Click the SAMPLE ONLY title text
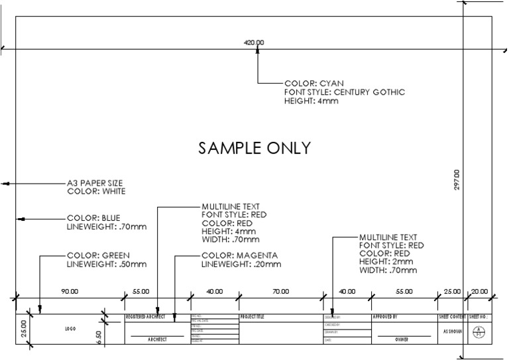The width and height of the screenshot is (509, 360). [254, 148]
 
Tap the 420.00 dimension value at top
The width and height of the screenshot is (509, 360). [254, 42]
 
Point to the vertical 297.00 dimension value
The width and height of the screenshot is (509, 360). [457, 180]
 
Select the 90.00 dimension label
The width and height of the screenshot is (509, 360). [70, 291]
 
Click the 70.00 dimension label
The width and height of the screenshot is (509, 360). [280, 291]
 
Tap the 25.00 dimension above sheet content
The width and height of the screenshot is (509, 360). [452, 291]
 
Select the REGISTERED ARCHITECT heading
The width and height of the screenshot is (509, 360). [145, 318]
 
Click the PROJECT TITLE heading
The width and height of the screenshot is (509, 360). [252, 318]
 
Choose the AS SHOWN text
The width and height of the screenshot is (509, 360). [453, 331]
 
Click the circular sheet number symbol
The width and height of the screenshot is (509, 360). [479, 334]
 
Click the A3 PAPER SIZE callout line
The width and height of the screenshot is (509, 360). [95, 183]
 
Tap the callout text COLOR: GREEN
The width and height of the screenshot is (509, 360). [98, 255]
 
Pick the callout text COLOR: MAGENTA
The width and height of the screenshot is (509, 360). [239, 255]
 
